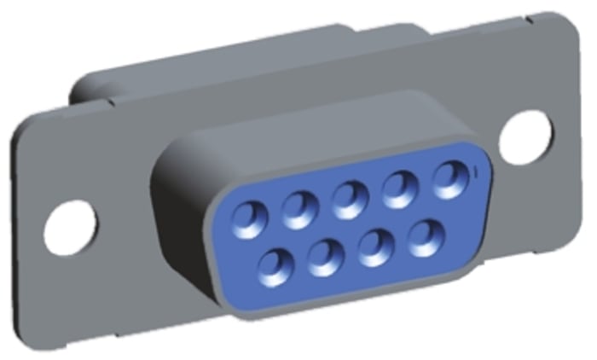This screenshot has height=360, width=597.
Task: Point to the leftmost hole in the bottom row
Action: (275, 264)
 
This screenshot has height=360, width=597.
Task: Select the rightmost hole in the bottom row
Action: (425, 236)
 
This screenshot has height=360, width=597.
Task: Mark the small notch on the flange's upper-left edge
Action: (108, 102)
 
